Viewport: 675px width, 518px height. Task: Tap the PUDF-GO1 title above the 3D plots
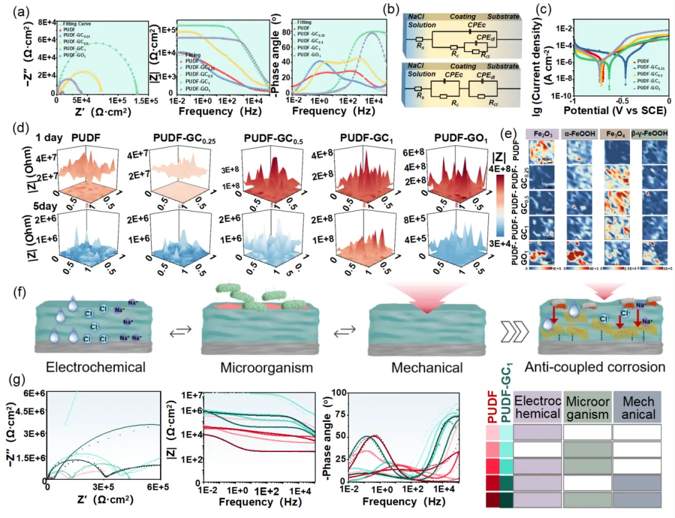click(x=444, y=137)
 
